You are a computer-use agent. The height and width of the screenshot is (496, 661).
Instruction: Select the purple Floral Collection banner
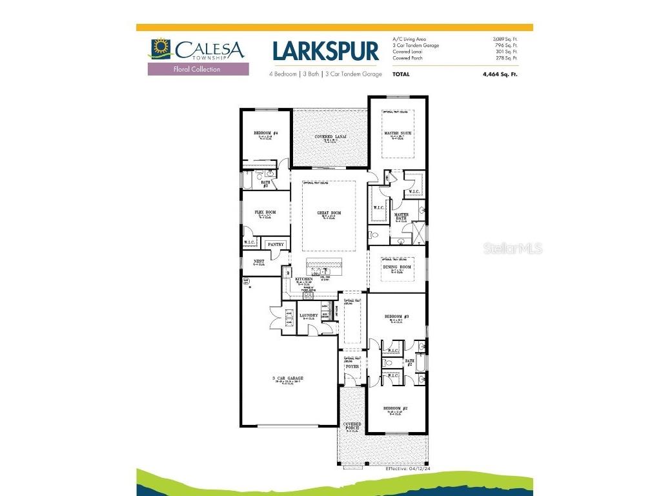(198, 69)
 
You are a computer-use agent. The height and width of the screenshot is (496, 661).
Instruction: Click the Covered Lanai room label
(329, 137)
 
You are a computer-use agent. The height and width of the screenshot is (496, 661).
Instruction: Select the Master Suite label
(397, 133)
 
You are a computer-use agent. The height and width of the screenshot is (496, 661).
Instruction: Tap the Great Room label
(329, 213)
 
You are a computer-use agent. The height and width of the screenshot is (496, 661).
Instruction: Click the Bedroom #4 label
(265, 133)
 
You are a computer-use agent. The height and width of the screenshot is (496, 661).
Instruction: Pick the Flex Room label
(265, 212)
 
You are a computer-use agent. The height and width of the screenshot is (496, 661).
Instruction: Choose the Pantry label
(276, 244)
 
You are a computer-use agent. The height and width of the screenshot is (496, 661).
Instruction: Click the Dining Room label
(397, 267)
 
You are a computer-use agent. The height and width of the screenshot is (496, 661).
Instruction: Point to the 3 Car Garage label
(289, 378)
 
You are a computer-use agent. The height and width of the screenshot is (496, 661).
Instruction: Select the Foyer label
(352, 366)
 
